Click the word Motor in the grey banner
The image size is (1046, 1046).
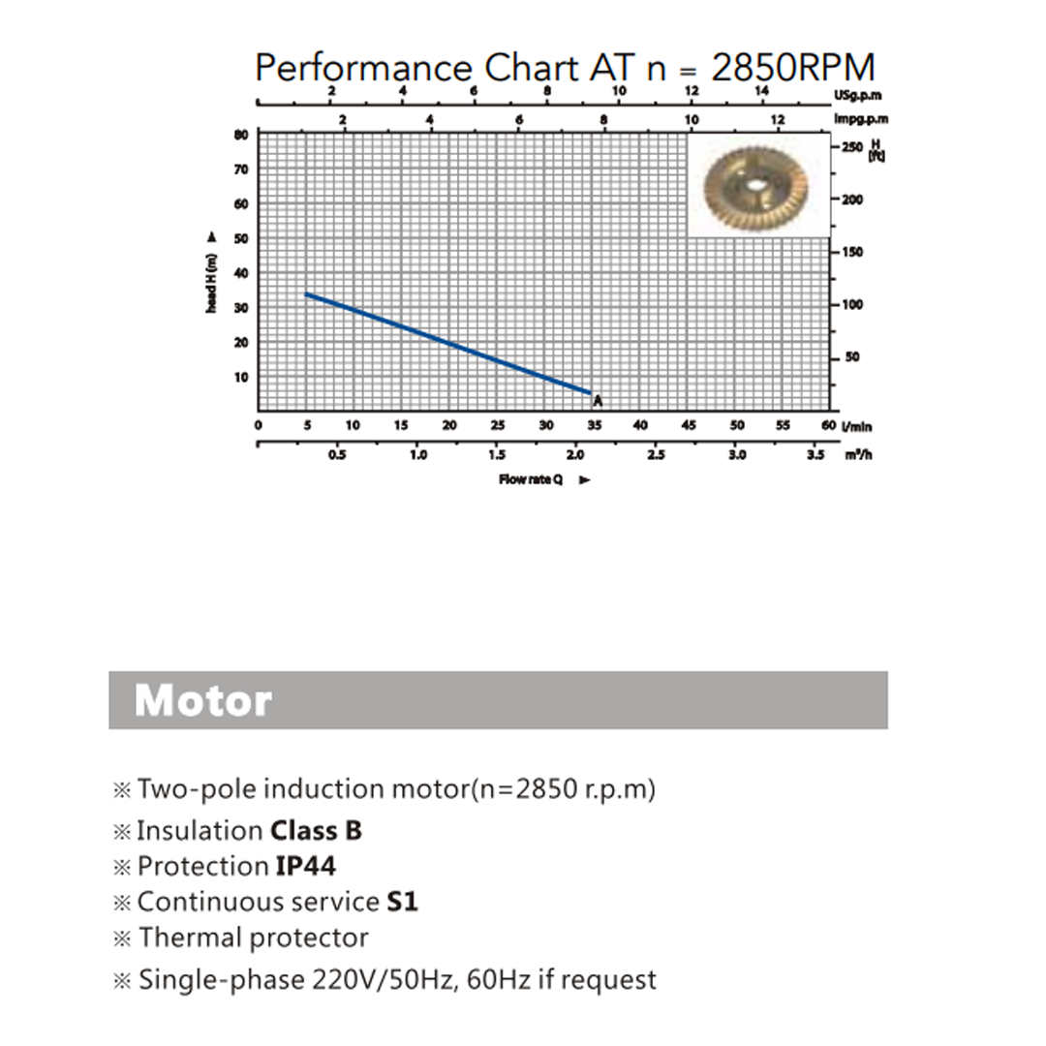(202, 699)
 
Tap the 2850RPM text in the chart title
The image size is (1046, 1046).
(792, 68)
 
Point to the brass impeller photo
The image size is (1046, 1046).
(758, 186)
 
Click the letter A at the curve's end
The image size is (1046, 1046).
(598, 400)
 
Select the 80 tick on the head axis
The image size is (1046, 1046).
(241, 135)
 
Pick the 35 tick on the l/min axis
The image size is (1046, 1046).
(594, 425)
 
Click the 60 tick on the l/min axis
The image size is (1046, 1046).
(828, 425)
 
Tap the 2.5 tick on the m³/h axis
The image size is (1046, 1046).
(656, 455)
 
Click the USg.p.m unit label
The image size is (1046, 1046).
(856, 96)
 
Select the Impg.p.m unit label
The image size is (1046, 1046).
(861, 119)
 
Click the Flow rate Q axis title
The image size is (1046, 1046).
(531, 479)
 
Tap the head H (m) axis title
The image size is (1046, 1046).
(212, 281)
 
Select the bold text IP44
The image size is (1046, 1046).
(306, 866)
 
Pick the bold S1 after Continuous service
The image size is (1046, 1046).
(402, 902)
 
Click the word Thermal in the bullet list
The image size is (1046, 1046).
(190, 938)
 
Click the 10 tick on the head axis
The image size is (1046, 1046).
(241, 377)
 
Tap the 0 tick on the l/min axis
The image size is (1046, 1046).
(259, 425)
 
